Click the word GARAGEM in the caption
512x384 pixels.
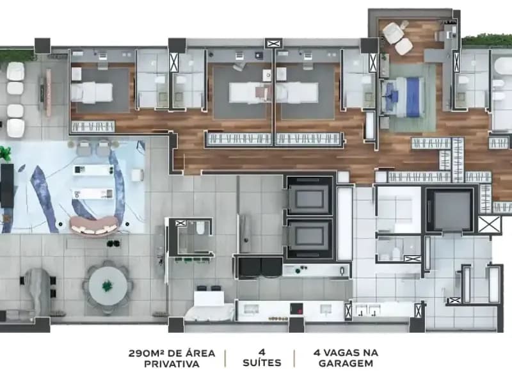346,364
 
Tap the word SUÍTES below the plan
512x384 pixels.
262,363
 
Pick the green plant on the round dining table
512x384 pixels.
107,286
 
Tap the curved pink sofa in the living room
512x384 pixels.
94,225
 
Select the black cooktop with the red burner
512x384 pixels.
296,308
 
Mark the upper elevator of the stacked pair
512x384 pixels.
309,196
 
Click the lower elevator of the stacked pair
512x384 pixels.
309,238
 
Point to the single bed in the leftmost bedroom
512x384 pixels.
92,92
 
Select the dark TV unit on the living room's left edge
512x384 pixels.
6,186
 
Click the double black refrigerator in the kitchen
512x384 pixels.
260,268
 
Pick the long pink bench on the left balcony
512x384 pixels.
49,93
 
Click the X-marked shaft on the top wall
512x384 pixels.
274,44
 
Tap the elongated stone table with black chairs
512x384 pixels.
38,290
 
